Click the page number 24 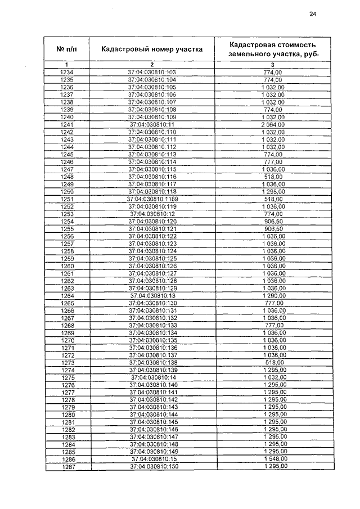313,15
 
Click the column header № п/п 66,49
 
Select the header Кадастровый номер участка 152,49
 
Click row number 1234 66,73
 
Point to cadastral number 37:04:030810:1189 152,199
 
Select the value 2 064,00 273,124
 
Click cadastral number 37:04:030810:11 152,124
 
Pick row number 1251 66,199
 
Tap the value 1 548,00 273,460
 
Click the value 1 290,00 273,295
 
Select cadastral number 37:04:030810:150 152,467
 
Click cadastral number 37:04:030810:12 152,214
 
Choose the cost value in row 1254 273,222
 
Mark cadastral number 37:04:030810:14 152,377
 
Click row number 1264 67,295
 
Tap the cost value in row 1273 273,363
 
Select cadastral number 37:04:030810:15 152,460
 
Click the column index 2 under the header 152,65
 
